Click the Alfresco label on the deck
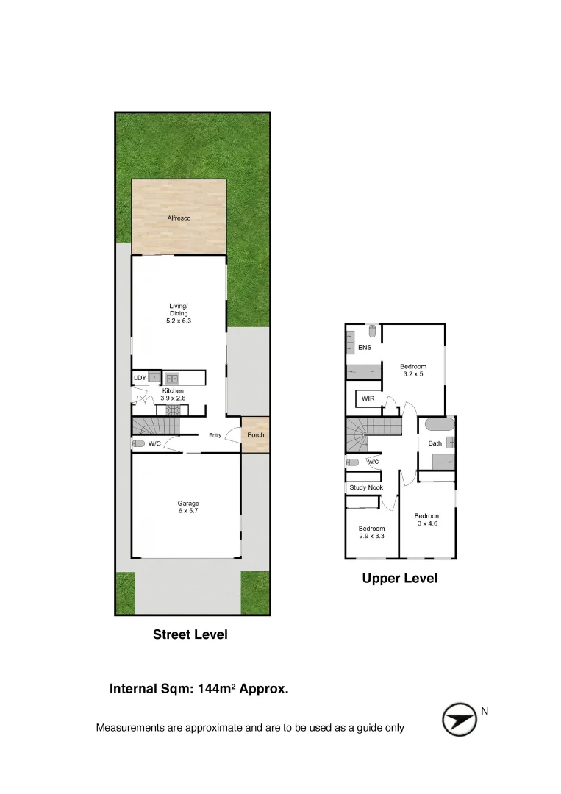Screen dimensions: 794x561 179,218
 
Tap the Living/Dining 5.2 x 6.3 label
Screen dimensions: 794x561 179,313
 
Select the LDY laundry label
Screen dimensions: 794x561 140,378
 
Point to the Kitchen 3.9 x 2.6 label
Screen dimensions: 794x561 174,395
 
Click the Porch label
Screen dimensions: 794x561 255,435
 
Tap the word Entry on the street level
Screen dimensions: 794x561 215,435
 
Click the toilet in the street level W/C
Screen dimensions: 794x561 137,443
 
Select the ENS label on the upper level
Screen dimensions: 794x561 364,348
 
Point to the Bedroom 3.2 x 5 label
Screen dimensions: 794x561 412,370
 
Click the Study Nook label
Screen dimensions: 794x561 365,487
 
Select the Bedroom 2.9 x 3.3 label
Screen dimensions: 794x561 371,532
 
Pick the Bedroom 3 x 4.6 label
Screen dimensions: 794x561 427,520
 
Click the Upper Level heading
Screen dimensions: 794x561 399,579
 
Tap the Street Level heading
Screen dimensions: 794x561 190,634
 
